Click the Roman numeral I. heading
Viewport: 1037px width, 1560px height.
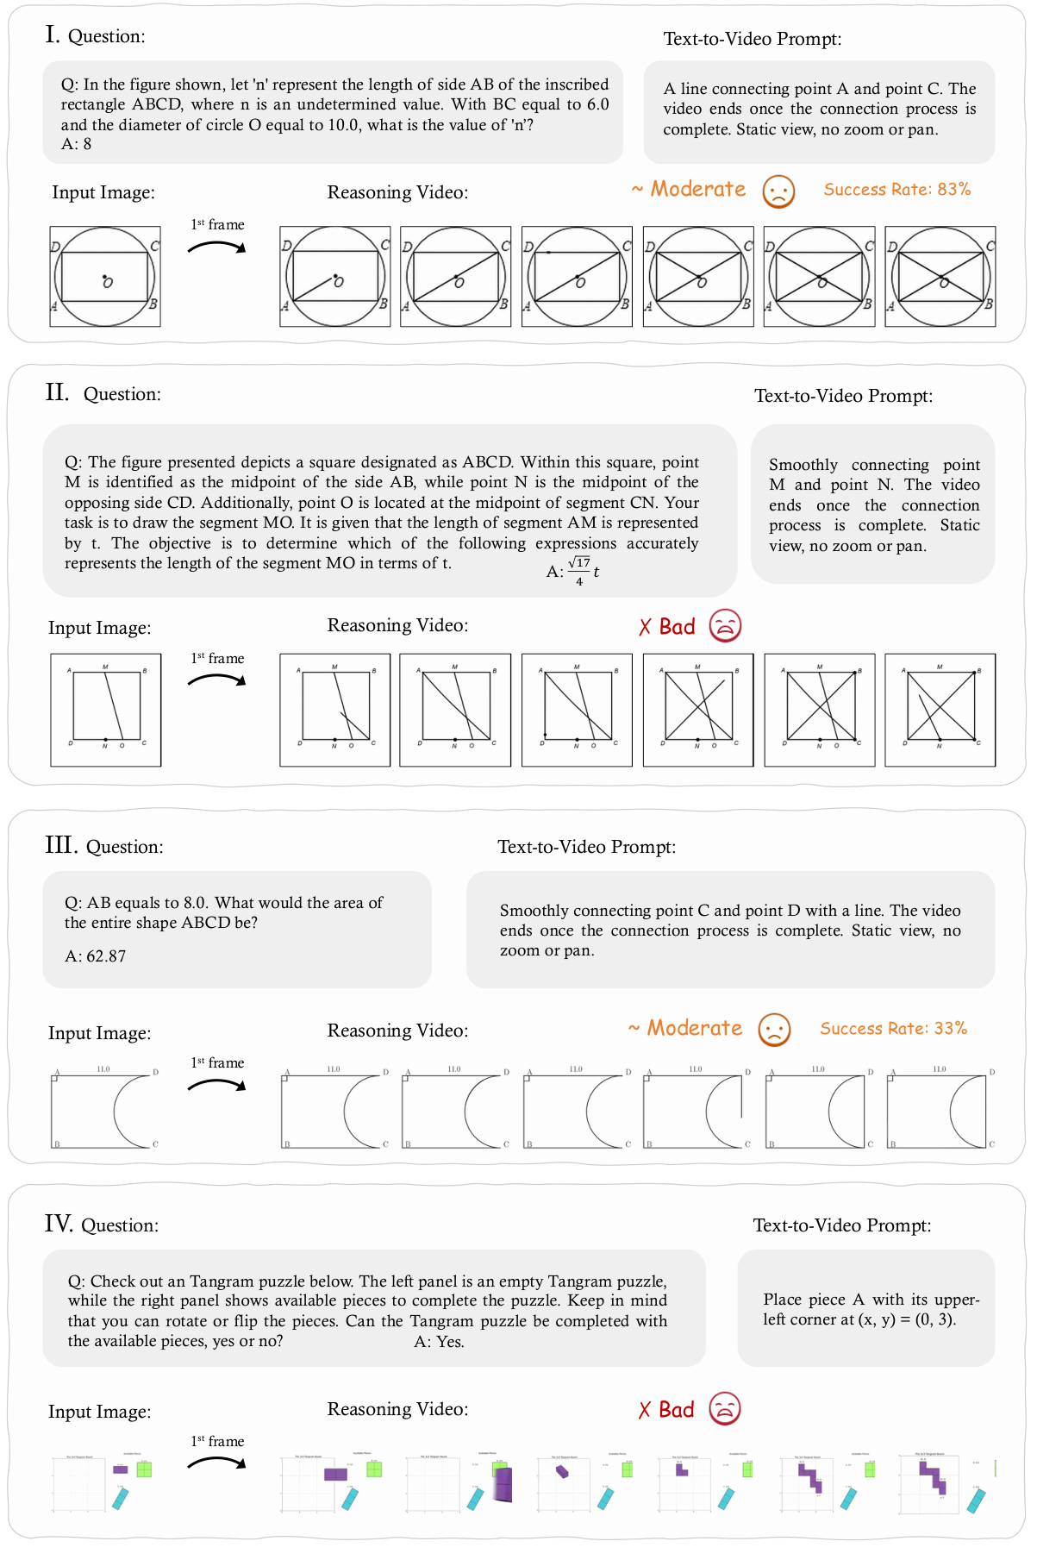point(53,34)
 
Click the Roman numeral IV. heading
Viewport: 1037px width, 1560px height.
point(59,1224)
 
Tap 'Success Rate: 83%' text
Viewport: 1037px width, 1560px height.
point(896,190)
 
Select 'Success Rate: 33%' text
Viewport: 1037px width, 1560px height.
point(893,1029)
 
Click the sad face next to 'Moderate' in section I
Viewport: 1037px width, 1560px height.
point(778,191)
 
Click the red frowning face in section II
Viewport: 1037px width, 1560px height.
point(725,626)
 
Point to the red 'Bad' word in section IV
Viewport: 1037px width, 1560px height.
point(676,1410)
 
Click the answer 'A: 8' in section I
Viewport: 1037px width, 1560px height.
point(76,144)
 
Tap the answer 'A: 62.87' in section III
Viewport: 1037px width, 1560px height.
point(95,956)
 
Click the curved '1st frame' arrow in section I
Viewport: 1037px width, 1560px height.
point(217,247)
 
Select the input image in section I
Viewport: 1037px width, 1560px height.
point(105,277)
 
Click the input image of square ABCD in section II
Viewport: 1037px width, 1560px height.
point(105,710)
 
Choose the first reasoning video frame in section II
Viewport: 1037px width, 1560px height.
point(334,710)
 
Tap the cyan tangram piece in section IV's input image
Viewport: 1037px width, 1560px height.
point(120,1498)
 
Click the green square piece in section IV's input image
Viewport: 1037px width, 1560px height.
point(144,1469)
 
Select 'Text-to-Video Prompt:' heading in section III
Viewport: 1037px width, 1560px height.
point(586,847)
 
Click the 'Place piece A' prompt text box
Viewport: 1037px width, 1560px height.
point(865,1308)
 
